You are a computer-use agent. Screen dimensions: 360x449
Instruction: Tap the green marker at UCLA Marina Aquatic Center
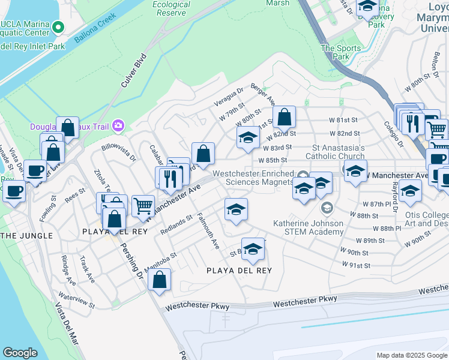coord(58,27)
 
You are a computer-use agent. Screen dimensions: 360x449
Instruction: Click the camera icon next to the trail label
coord(118,125)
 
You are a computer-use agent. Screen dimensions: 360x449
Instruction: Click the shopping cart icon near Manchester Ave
coord(143,205)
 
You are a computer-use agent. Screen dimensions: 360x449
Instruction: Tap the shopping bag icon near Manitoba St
coord(159,279)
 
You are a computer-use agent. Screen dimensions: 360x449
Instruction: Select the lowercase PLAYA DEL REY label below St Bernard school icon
coord(239,271)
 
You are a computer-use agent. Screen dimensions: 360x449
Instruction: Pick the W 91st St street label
coord(357,265)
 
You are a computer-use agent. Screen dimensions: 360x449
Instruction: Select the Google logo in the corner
coord(20,353)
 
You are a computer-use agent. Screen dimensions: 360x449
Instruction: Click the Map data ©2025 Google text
coord(411,355)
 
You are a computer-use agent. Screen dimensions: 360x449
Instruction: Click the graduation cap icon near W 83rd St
coord(248,137)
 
